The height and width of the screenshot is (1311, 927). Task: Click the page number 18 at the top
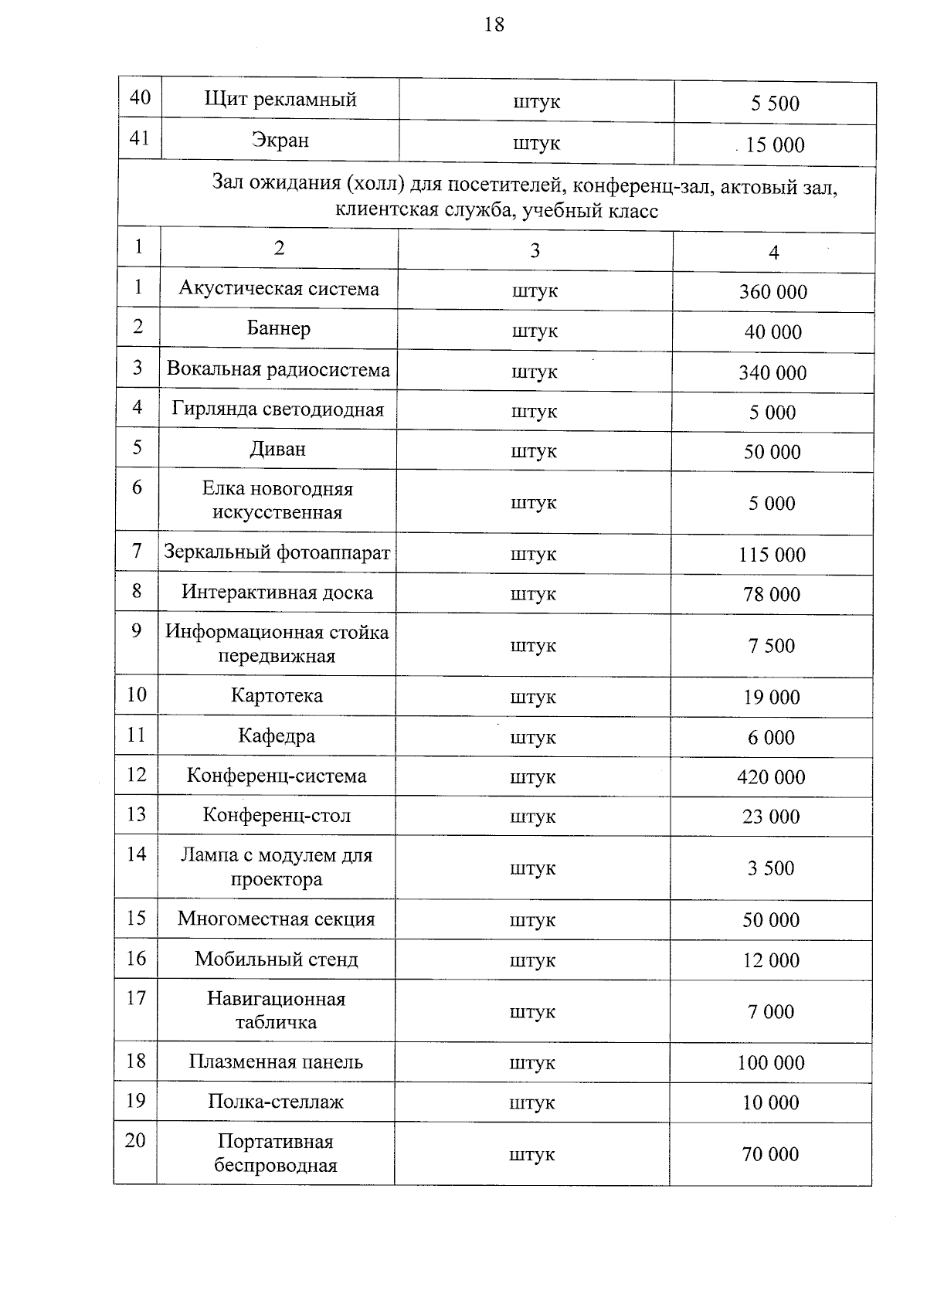[494, 25]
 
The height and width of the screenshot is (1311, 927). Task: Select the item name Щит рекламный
[280, 99]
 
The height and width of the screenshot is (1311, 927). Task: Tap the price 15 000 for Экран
[775, 145]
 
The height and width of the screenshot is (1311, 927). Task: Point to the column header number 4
[774, 252]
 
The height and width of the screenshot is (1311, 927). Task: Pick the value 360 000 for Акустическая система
[773, 292]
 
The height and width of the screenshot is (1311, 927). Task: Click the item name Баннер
[279, 328]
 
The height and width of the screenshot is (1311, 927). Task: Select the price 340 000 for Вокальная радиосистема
[772, 373]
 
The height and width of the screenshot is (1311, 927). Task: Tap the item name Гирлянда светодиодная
[278, 409]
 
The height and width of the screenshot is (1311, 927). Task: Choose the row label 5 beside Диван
[138, 447]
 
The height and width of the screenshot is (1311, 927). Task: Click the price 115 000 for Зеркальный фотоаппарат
[772, 555]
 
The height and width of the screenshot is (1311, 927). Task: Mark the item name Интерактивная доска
[277, 593]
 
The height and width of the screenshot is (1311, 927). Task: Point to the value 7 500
[772, 646]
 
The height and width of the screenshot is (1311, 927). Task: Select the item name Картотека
[277, 696]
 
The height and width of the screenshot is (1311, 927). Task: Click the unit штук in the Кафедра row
[533, 737]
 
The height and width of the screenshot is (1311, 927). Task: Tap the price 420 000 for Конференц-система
[771, 777]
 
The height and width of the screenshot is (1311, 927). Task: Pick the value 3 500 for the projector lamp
[771, 868]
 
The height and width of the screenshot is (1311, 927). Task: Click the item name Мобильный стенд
[277, 959]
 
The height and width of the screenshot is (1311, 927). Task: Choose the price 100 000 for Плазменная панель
[771, 1063]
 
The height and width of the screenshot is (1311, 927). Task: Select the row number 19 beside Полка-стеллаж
[136, 1100]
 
